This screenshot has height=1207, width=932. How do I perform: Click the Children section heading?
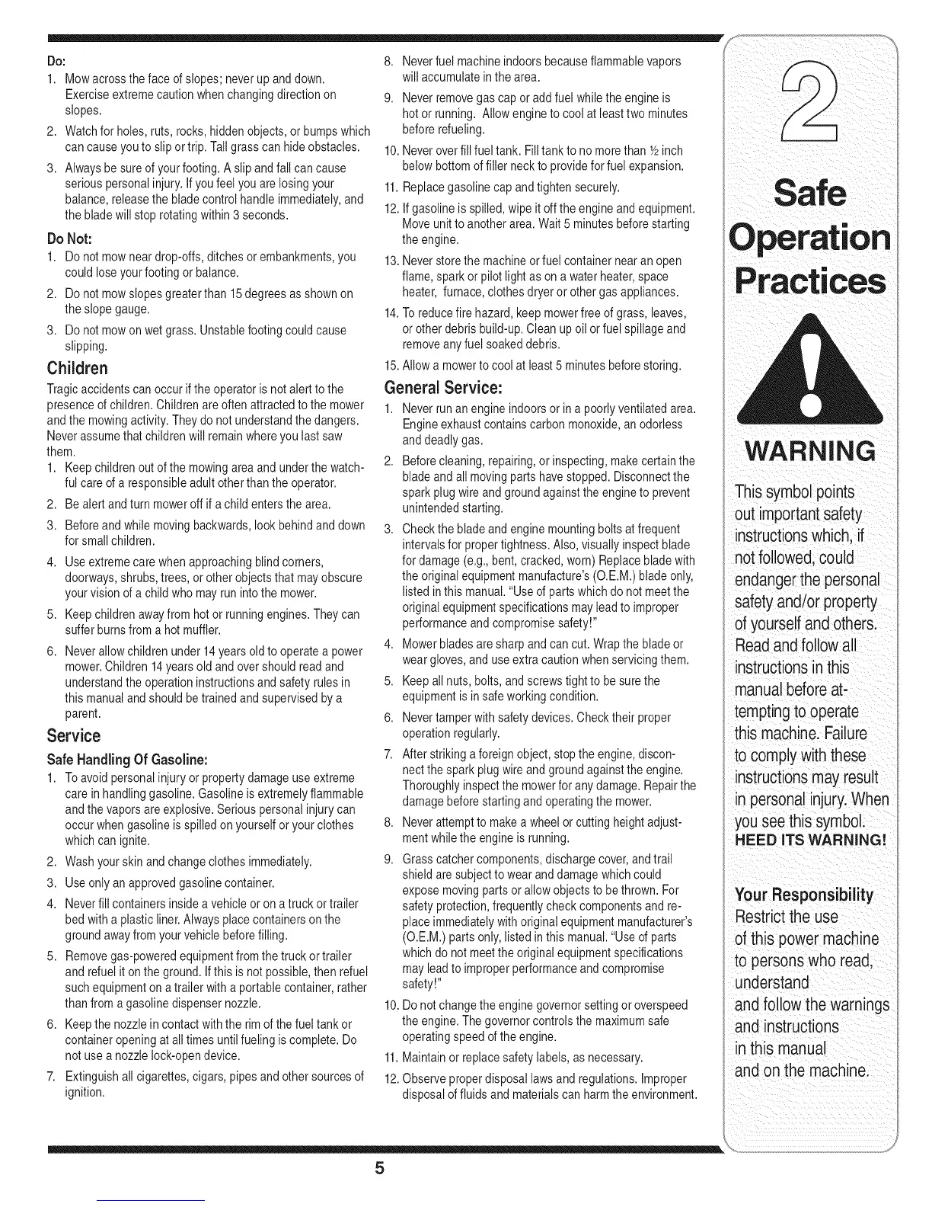76,369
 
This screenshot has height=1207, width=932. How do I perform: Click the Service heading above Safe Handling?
73,735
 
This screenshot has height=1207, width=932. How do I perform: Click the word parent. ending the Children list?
83,714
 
